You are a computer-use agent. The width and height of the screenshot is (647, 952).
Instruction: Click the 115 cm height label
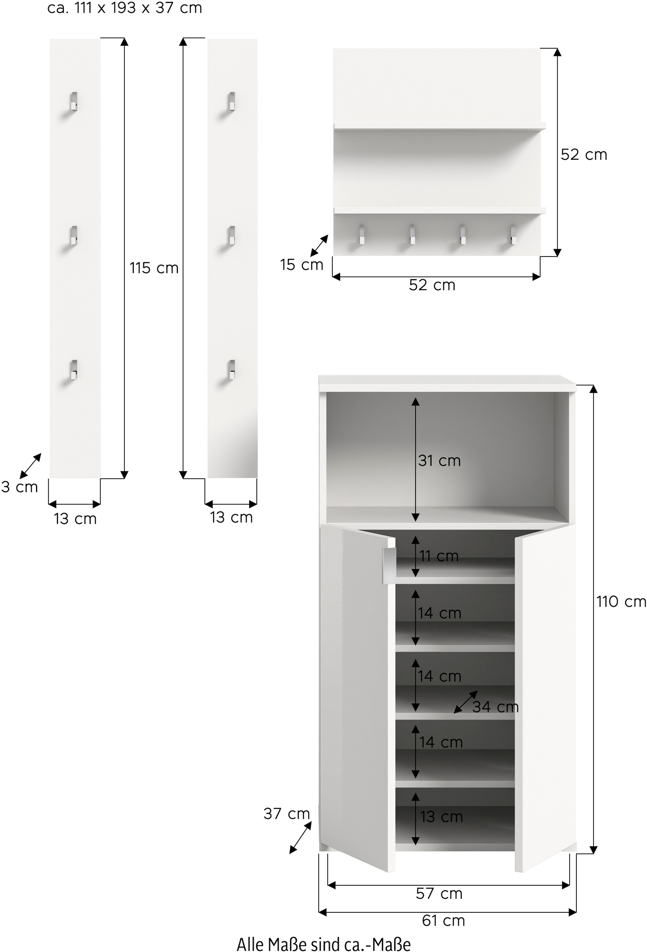pos(154,268)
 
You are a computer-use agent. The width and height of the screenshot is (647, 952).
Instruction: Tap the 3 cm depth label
pos(19,487)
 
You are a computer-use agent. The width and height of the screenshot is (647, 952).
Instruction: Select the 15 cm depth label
pos(301,265)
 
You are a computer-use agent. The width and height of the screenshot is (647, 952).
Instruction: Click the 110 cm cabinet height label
pos(621,602)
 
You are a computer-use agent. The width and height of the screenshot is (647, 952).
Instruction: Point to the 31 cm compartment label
pos(439,461)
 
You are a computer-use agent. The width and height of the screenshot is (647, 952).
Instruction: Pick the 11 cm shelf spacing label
pos(439,556)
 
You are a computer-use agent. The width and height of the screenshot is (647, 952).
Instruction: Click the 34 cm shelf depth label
pos(496,707)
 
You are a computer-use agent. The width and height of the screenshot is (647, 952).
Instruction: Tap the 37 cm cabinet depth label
pos(286,814)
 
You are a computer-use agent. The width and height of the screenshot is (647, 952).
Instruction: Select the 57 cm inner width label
pos(439,893)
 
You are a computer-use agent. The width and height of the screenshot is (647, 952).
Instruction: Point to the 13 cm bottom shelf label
pos(441,817)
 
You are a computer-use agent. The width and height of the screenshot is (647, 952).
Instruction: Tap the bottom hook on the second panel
pos(232,369)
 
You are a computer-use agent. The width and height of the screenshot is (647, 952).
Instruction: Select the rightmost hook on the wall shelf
pos(512,235)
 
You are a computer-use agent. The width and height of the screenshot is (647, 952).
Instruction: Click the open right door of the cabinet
pos(545,696)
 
